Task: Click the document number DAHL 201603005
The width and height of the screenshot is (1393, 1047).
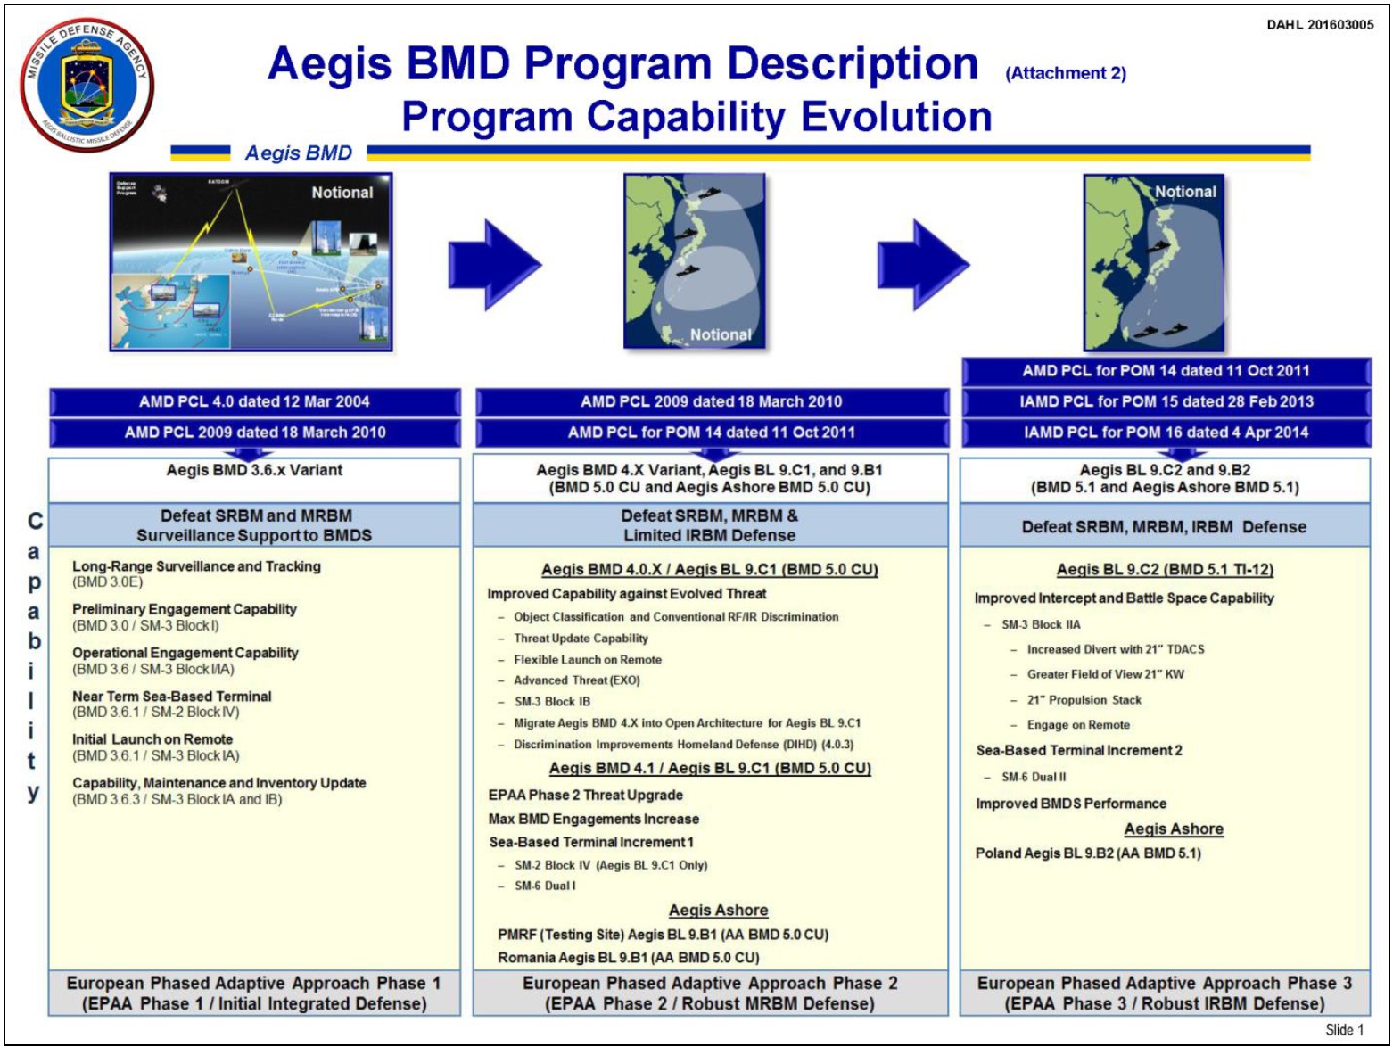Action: tap(1319, 25)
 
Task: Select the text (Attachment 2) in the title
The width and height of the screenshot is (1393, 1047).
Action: tap(1065, 74)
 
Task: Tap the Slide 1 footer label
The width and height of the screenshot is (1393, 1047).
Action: tap(1343, 1029)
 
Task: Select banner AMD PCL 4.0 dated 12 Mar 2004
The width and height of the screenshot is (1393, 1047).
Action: tap(254, 401)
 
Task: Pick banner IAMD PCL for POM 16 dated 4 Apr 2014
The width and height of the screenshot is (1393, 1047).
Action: tap(1166, 433)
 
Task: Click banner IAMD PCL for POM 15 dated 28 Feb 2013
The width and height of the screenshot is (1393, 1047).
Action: tap(1166, 401)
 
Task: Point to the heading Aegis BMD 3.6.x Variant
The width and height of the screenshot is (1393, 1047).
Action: tap(254, 470)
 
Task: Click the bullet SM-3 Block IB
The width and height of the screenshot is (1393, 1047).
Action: tap(552, 702)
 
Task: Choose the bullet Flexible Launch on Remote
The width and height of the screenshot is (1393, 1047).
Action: tap(587, 660)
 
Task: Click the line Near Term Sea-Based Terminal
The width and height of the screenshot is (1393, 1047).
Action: tap(171, 697)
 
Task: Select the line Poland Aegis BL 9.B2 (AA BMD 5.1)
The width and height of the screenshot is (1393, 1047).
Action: tap(1087, 853)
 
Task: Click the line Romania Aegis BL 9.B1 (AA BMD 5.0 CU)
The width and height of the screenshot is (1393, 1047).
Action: tap(628, 958)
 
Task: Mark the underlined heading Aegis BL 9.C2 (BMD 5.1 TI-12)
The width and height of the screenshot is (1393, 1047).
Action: tap(1165, 570)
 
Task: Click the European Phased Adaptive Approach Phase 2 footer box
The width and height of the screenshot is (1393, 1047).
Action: tap(710, 993)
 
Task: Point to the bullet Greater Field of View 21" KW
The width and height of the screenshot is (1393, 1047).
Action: tap(1105, 674)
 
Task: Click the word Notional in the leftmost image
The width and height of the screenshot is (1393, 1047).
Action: tap(342, 193)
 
